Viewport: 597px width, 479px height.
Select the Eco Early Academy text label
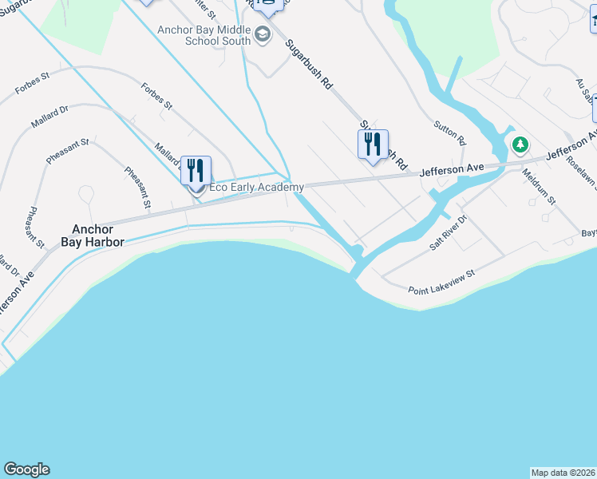point(256,188)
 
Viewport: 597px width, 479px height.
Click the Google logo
point(26,469)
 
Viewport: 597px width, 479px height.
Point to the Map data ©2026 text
point(563,472)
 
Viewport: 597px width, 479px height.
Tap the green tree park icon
point(520,144)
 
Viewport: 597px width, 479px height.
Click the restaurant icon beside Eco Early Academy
point(196,171)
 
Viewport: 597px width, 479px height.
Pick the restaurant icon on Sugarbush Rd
point(372,144)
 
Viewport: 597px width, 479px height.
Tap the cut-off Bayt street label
point(588,232)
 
